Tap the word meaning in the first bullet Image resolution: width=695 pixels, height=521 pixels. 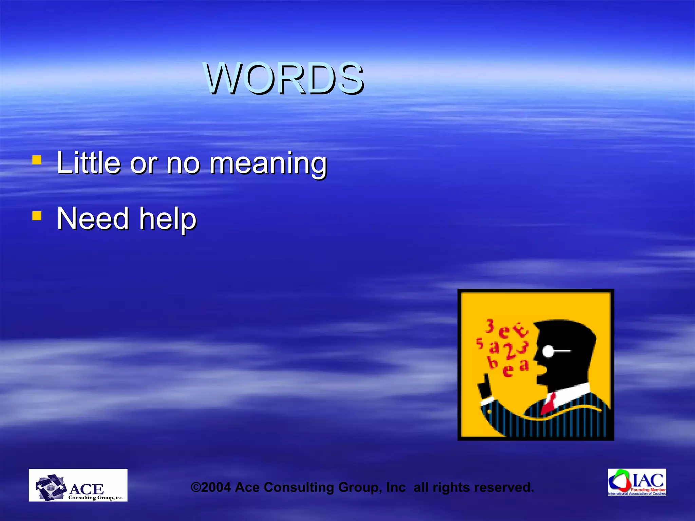pos(268,163)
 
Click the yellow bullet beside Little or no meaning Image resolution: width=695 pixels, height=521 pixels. pos(37,160)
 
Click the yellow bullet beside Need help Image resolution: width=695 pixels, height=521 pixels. pos(37,216)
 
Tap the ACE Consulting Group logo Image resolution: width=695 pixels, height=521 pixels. pos(78,485)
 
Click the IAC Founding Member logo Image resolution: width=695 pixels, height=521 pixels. pos(637,482)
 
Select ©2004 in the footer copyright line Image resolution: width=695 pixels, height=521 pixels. pos(211,487)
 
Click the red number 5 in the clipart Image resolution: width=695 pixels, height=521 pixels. pos(480,343)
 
